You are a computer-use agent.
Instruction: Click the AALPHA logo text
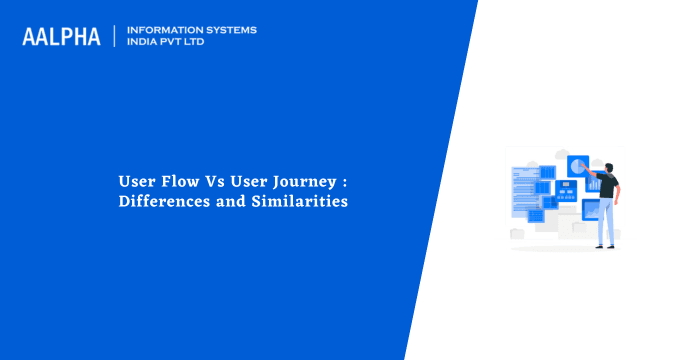[x=61, y=36]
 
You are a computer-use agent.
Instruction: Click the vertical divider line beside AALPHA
[x=116, y=36]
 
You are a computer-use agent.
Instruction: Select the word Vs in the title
[x=209, y=182]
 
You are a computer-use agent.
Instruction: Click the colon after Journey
[x=342, y=183]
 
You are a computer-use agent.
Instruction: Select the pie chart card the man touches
[x=577, y=164]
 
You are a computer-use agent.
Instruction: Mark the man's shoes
[x=605, y=245]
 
